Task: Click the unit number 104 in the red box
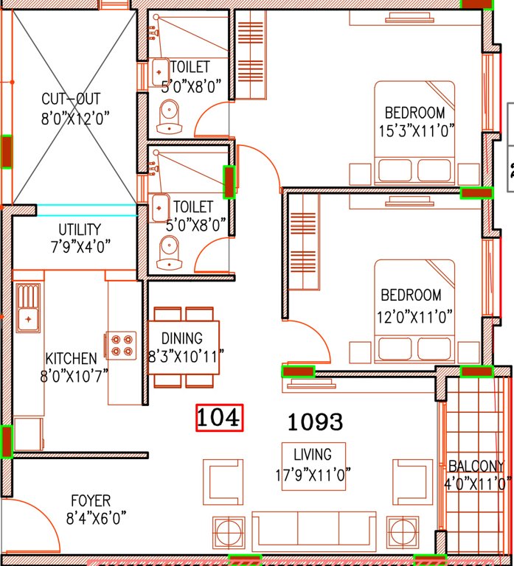click(219, 418)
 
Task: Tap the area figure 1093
click(315, 422)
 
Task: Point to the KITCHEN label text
click(71, 359)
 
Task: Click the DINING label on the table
click(182, 339)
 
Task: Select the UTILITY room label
click(80, 230)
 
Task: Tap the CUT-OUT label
click(71, 99)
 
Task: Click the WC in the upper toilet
click(169, 119)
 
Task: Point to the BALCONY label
click(476, 467)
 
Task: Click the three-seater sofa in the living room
click(313, 530)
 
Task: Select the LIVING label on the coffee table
click(313, 455)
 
